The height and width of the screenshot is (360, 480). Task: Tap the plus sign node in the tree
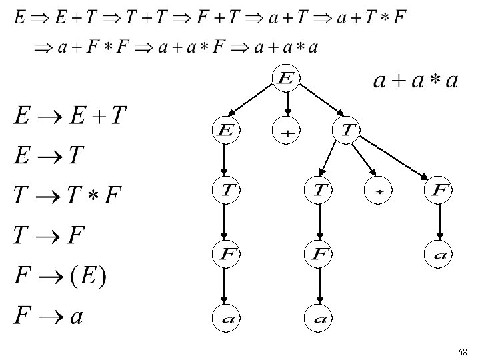coord(286,131)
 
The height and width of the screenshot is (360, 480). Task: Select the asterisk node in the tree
coord(378,192)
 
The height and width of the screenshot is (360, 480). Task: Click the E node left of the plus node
coord(225,131)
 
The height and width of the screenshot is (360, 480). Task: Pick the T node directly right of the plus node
coord(346,131)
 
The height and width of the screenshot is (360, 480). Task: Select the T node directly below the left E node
coord(225,191)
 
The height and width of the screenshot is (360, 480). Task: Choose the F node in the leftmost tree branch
coord(225,253)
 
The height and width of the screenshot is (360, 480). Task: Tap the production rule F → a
coord(49,315)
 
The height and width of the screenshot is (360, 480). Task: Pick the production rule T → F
coord(49,235)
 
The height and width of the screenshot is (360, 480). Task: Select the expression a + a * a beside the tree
coord(415,81)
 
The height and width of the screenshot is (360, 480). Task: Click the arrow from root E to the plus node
coord(287,103)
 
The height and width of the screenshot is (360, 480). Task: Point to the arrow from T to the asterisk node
coord(361,159)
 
